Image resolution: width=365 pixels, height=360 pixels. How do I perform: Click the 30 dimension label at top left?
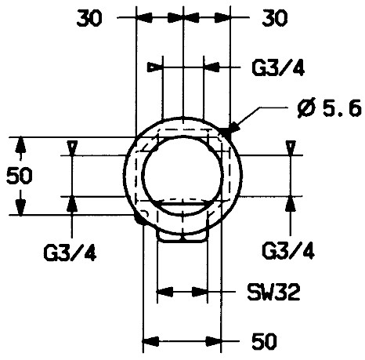89,19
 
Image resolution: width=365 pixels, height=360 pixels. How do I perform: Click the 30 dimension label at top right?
275,19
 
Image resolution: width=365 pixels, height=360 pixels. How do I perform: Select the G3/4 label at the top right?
278,67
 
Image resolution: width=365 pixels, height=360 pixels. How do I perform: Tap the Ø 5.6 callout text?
330,108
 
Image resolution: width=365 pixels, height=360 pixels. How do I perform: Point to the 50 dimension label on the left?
20,176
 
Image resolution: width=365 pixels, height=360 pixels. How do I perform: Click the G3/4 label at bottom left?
70,253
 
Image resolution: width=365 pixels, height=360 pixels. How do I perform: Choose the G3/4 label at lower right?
288,251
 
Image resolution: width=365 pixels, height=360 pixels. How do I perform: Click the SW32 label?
273,292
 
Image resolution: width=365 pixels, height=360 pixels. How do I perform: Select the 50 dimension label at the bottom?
264,341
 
